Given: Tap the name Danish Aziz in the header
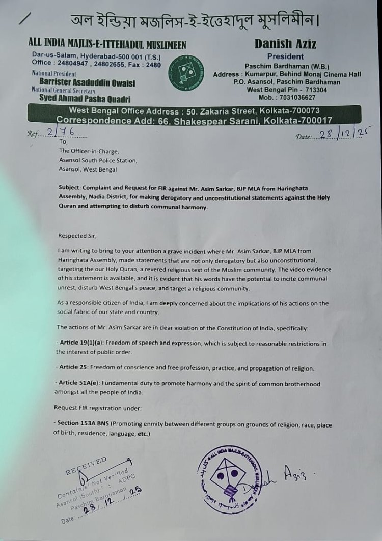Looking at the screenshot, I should (285, 44).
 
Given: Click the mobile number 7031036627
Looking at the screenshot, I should (297, 97).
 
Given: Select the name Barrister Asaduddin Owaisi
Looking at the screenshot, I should (87, 83).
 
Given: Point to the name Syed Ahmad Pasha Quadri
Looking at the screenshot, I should (85, 99).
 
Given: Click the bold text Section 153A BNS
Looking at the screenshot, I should (83, 424).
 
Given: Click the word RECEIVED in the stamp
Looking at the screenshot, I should (86, 465).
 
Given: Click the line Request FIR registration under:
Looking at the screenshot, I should (93, 408).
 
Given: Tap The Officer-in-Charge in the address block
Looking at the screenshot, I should (89, 151).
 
